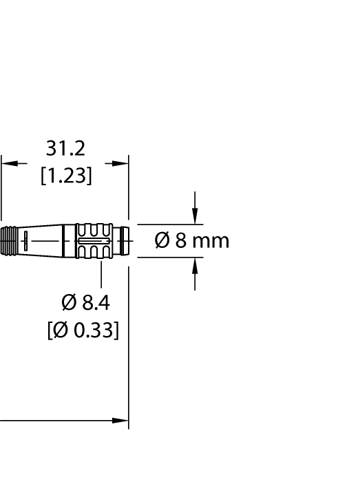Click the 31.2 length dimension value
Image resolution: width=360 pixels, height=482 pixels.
[x=65, y=149]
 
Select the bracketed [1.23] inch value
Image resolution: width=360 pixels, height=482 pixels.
[x=66, y=176]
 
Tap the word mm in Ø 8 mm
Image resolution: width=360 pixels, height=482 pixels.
[x=211, y=241]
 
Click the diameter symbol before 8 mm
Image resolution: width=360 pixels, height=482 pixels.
[x=162, y=240]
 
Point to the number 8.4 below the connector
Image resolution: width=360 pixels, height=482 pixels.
[x=96, y=302]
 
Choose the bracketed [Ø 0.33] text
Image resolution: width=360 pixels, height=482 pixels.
[x=83, y=330]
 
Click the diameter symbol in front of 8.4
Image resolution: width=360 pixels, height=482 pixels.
[x=69, y=302]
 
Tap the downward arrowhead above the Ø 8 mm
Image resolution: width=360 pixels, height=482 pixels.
[x=195, y=216]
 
